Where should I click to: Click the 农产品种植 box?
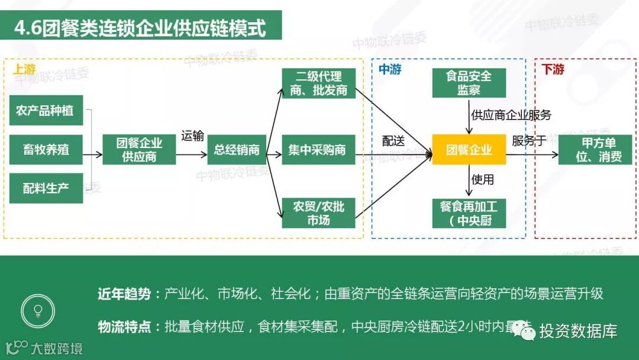46,110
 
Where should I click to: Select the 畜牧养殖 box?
46,150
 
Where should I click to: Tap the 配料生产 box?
46,189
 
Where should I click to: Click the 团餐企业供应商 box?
139,150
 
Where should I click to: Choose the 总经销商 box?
237,150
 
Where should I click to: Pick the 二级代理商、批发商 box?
318,83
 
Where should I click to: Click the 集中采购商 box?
318,150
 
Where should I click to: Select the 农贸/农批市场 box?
318,213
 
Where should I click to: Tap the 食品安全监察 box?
469,83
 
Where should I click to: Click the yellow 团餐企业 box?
469,150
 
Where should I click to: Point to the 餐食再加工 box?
469,213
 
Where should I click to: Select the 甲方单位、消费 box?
595,150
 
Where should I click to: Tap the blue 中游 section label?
390,69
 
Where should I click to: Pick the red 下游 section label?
553,69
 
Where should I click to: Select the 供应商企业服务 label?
511,115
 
